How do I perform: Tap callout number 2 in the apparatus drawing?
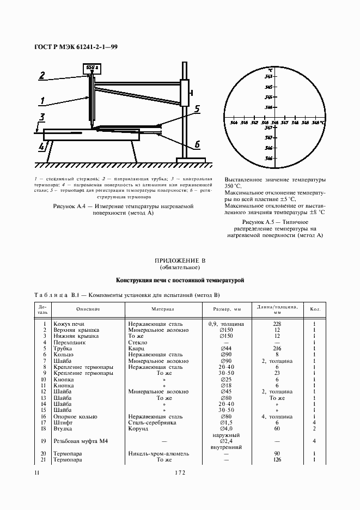(x=42, y=76)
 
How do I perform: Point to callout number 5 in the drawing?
(x=197, y=108)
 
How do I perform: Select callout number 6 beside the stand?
(x=197, y=144)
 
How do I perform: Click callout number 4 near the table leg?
(x=42, y=147)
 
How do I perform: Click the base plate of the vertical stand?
(x=191, y=159)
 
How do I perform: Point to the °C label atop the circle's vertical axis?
(x=271, y=70)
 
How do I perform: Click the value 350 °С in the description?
(x=235, y=186)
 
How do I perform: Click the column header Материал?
(x=162, y=309)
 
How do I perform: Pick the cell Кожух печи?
(x=69, y=324)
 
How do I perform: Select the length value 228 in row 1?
(x=277, y=324)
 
